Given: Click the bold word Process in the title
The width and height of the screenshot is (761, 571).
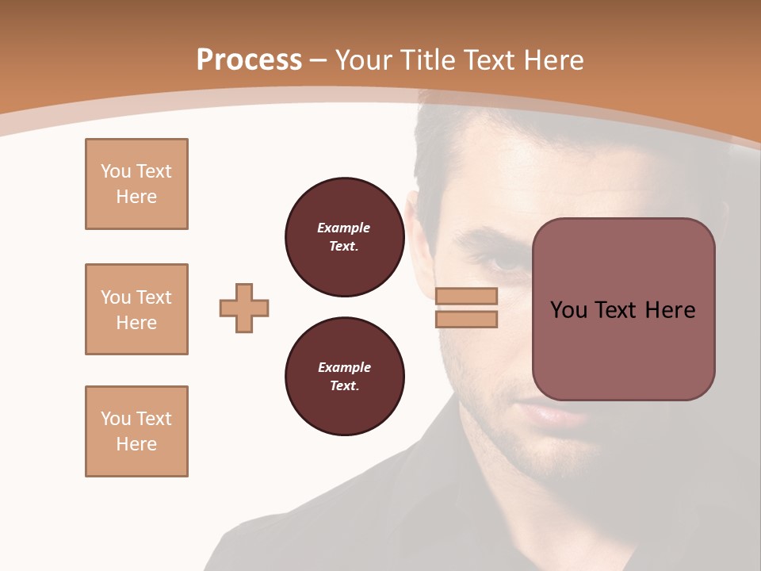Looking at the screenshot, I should point(249,59).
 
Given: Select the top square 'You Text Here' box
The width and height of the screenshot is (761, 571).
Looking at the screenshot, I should point(136,184).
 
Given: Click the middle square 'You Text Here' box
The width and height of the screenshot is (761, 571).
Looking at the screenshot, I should point(136,309).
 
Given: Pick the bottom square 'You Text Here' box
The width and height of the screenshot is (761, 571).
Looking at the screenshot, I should point(136,431).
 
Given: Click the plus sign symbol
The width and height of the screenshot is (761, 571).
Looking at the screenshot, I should point(244,308).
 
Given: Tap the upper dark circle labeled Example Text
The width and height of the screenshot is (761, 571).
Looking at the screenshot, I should point(344,237).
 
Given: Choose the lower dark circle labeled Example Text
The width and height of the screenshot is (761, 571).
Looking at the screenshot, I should point(344,377).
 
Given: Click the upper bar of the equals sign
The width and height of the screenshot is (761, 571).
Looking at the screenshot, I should point(466,296).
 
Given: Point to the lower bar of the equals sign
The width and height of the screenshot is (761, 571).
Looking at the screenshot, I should point(466,319).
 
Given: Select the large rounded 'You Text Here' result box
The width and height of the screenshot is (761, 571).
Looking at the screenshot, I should point(623,309).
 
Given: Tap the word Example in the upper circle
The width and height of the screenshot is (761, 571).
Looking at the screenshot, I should point(343,228).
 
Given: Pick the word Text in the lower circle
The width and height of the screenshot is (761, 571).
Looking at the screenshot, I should point(343,386).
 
